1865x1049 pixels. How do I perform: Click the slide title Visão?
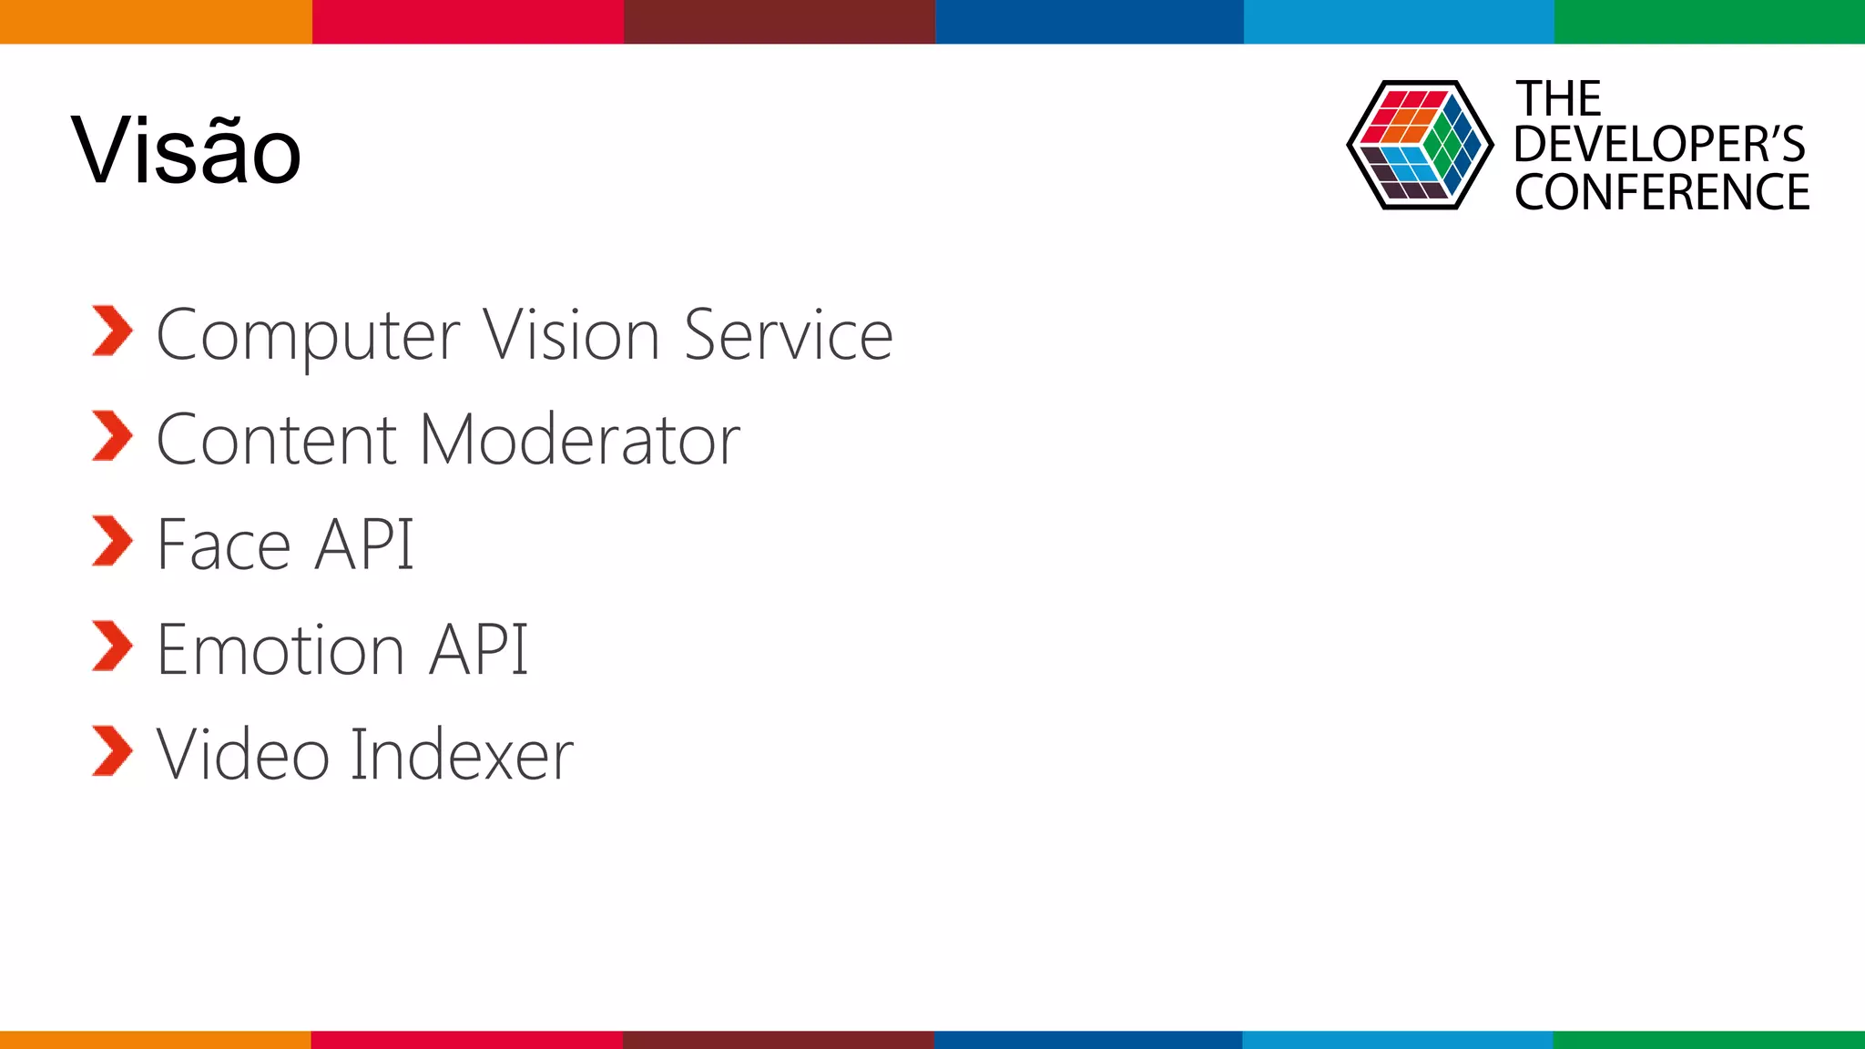(186, 150)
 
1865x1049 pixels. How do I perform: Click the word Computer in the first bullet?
(308, 337)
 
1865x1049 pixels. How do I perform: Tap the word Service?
(789, 335)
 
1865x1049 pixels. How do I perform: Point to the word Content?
(277, 440)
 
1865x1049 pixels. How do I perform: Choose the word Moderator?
(580, 440)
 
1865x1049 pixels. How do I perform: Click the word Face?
(224, 545)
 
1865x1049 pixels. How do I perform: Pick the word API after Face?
(364, 545)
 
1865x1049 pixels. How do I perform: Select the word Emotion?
(280, 649)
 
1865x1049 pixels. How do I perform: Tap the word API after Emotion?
(479, 649)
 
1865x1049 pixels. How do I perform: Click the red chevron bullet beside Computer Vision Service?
(113, 331)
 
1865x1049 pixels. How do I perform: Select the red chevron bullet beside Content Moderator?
(113, 435)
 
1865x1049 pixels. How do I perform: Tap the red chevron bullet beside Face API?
(113, 541)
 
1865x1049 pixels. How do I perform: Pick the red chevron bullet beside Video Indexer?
(113, 751)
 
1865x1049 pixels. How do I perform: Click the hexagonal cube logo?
(1420, 145)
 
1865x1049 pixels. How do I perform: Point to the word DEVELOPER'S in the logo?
(1659, 145)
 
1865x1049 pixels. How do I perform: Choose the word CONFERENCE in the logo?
(1662, 192)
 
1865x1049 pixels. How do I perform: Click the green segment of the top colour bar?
(1709, 22)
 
